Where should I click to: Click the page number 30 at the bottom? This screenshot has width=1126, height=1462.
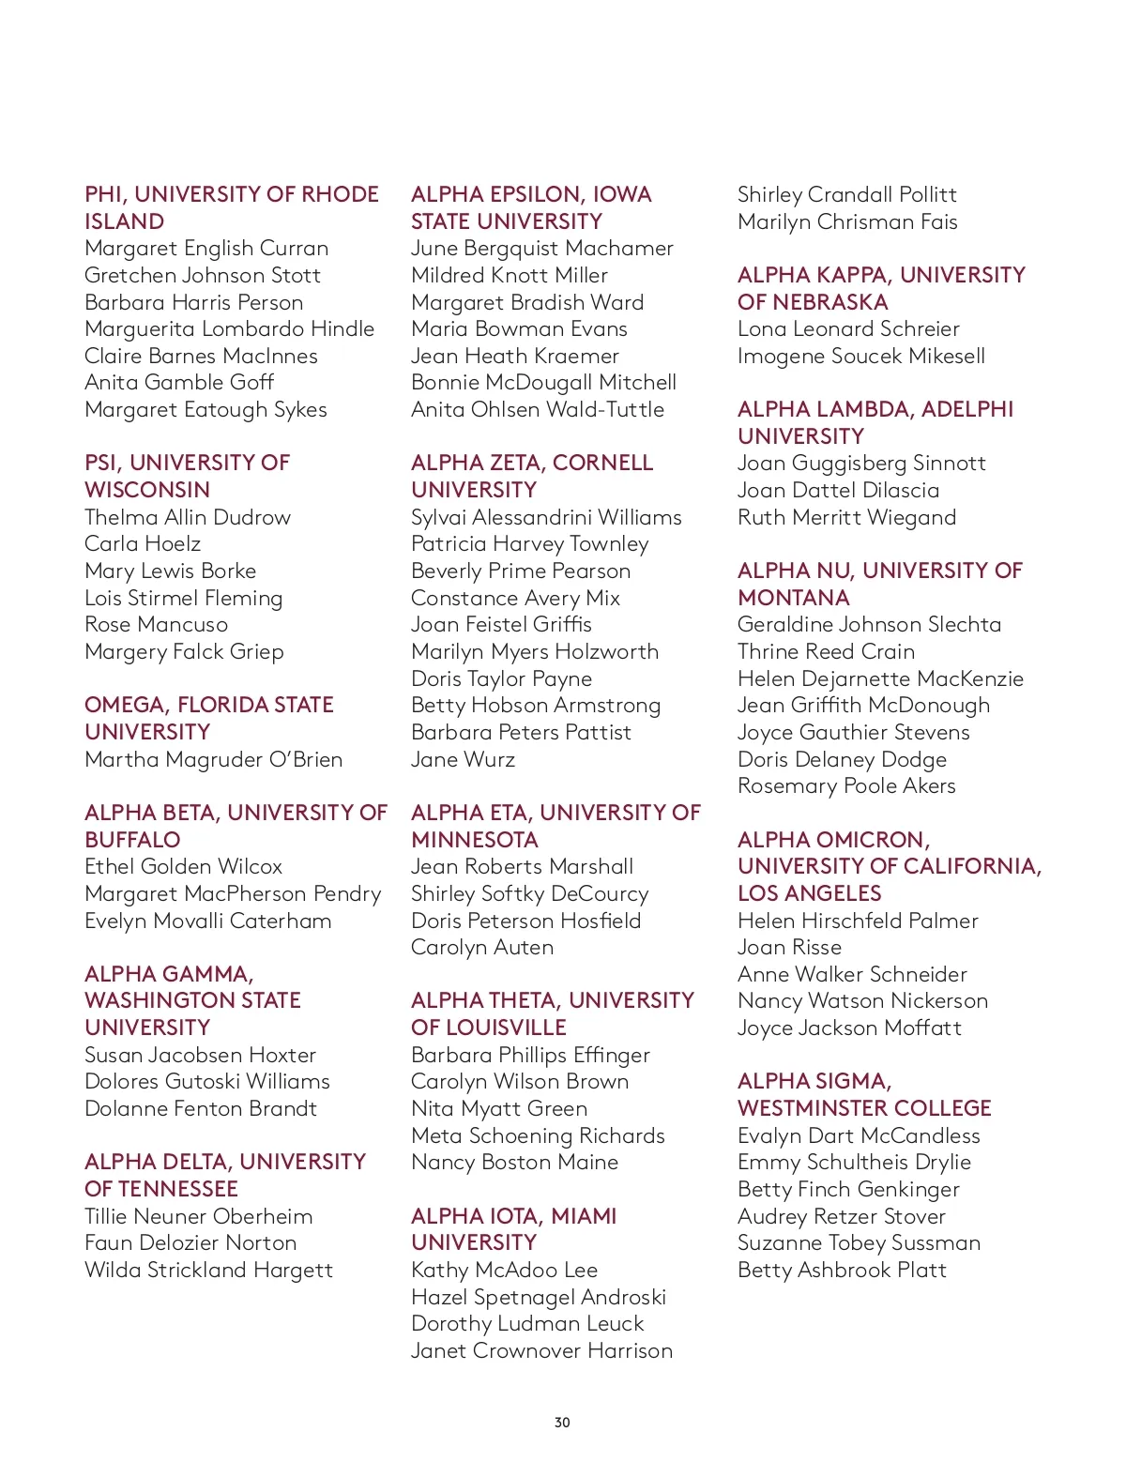(562, 1423)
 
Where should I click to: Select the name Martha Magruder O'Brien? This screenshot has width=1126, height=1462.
(213, 759)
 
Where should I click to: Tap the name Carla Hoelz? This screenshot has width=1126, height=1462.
(143, 544)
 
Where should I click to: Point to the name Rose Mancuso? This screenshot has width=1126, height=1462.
(156, 625)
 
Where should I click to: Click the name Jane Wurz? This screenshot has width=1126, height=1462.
(463, 759)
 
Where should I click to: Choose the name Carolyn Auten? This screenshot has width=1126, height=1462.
(482, 948)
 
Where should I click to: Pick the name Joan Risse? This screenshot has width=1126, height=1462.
(789, 948)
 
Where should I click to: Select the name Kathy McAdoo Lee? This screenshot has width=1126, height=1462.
(504, 1271)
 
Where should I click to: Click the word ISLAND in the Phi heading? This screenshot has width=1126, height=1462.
(124, 222)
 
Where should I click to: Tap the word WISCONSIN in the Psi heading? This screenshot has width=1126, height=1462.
(147, 491)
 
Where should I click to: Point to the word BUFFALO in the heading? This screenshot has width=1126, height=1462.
(132, 840)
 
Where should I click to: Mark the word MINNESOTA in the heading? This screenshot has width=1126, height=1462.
(475, 840)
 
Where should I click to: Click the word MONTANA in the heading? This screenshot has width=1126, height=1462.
(793, 598)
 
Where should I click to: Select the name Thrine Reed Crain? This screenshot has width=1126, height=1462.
(826, 652)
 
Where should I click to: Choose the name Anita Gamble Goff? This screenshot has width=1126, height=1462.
(179, 383)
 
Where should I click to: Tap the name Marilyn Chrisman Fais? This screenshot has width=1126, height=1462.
(847, 222)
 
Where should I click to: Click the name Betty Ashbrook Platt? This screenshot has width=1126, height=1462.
(842, 1271)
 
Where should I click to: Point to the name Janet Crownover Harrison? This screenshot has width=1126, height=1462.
(541, 1351)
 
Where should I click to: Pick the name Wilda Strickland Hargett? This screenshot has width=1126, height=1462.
(208, 1271)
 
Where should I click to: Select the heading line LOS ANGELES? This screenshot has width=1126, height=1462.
(809, 893)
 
